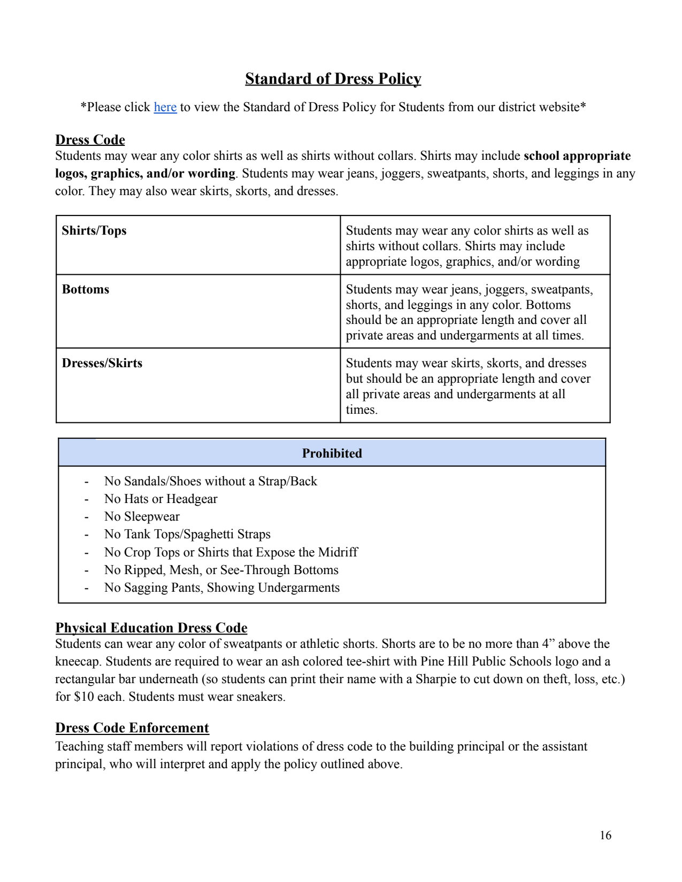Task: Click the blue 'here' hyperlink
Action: coord(165,107)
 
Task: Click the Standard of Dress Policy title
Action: coord(333,79)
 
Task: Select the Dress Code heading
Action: coord(90,140)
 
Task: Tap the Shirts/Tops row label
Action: coord(94,231)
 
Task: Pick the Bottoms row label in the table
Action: coord(86,290)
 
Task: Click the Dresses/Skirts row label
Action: coord(102,363)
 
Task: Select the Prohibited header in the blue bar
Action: coord(332,453)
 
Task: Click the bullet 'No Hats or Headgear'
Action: coord(160,499)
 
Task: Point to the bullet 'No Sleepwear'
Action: coord(142,517)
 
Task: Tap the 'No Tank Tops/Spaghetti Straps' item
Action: coord(187,535)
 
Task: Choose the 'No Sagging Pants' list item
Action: coord(221,588)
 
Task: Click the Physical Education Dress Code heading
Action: coord(151,628)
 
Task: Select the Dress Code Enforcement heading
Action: coord(132,728)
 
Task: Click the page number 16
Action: coord(605,835)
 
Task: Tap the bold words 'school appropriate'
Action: coord(577,156)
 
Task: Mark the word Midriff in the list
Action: coord(338,552)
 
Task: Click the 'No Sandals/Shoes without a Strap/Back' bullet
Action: coord(210,482)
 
